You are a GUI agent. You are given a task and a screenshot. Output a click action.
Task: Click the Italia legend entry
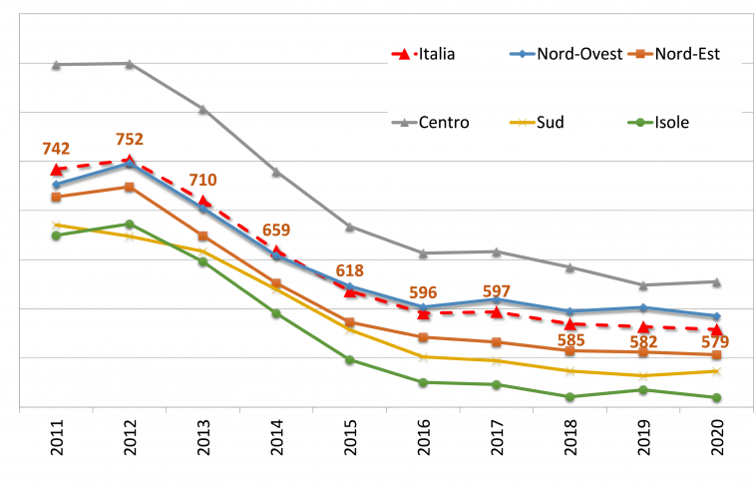pos(424,54)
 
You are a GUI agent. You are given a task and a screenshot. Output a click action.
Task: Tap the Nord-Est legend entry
pos(687,54)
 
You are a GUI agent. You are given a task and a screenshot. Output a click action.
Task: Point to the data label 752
pos(129,139)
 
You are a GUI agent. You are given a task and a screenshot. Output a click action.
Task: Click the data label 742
pos(56,149)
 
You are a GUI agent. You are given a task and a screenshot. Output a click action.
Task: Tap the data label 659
pos(276,231)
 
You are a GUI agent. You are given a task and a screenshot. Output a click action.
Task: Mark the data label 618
pos(349,270)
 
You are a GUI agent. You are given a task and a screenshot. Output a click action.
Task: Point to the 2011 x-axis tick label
pos(57,442)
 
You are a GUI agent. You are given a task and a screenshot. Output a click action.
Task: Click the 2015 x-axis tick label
pos(350,442)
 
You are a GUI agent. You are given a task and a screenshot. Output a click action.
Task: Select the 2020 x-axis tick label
pos(717,442)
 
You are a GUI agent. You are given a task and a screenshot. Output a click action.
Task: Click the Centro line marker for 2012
pos(130,64)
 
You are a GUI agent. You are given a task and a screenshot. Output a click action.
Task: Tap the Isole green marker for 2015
pos(350,359)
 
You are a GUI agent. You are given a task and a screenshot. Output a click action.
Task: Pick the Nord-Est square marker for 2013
pos(202,237)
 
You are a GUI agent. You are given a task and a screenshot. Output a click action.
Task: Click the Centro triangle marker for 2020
pos(716,281)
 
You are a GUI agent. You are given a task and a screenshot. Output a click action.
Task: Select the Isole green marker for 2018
pos(569,397)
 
